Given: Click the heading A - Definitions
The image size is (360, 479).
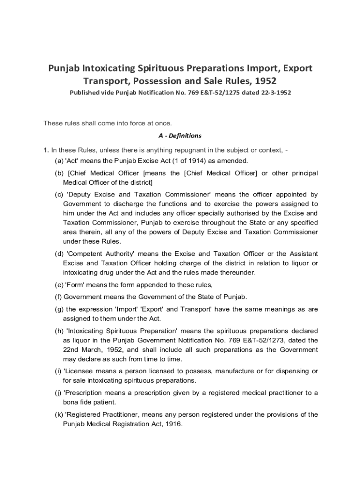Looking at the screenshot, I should [x=180, y=136].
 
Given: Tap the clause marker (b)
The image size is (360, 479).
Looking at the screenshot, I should [x=59, y=174].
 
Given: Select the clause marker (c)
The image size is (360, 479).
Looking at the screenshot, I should [x=59, y=194].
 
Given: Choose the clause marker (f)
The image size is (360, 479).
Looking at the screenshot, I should [x=58, y=297].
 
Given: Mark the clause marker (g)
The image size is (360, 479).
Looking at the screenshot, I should [x=59, y=309].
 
